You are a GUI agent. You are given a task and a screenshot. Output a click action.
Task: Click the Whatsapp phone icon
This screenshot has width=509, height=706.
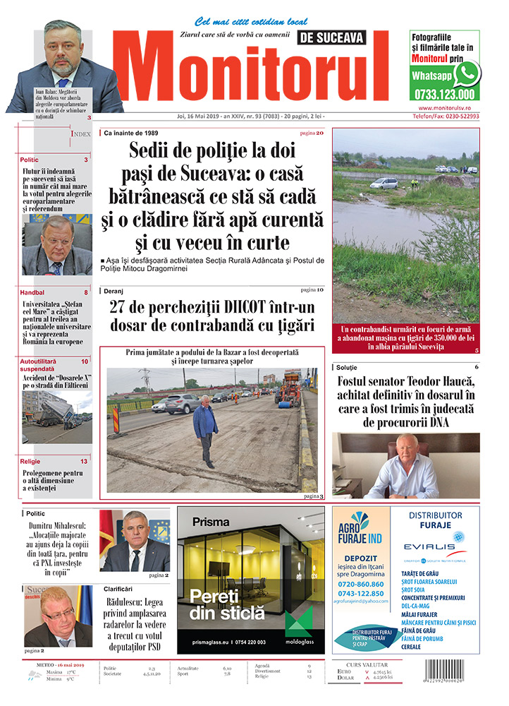pyautogui.click(x=467, y=74)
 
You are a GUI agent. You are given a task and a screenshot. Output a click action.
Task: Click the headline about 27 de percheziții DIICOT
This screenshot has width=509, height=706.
pyautogui.click(x=211, y=316)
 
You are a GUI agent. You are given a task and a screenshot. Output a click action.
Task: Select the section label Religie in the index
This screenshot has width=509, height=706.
pyautogui.click(x=32, y=461)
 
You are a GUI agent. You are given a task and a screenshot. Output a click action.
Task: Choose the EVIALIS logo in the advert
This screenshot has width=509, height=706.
pyautogui.click(x=434, y=545)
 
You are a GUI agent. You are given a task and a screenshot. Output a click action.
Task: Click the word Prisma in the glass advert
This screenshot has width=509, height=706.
pyautogui.click(x=209, y=522)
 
